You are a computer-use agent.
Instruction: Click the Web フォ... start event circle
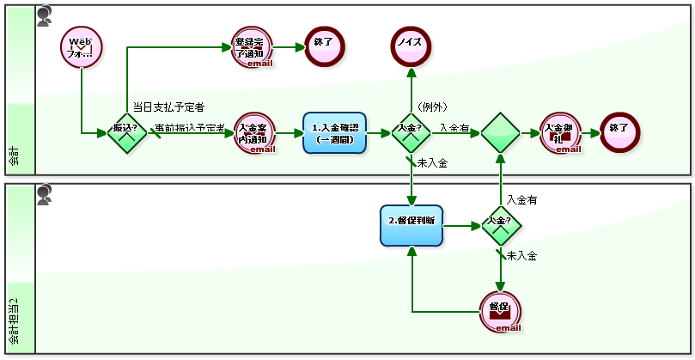pyautogui.click(x=82, y=47)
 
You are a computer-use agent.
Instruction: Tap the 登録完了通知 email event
pyautogui.click(x=253, y=47)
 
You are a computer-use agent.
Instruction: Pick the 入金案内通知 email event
pyautogui.click(x=254, y=133)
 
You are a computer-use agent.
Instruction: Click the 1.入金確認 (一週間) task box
pyautogui.click(x=334, y=133)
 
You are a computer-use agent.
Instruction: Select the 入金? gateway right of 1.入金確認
pyautogui.click(x=412, y=133)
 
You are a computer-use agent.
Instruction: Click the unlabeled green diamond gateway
pyautogui.click(x=500, y=133)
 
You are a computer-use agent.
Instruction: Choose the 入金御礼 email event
pyautogui.click(x=561, y=133)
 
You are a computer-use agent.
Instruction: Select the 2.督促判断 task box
pyautogui.click(x=411, y=226)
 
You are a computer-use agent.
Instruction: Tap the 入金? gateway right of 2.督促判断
pyautogui.click(x=500, y=226)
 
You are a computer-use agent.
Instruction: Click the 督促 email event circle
pyautogui.click(x=500, y=311)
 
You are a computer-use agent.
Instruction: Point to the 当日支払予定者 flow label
pyautogui.click(x=168, y=107)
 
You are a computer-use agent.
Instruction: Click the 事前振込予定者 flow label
pyautogui.click(x=189, y=128)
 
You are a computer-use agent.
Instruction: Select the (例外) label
pyautogui.click(x=433, y=107)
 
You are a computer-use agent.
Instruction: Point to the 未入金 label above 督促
pyautogui.click(x=521, y=255)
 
